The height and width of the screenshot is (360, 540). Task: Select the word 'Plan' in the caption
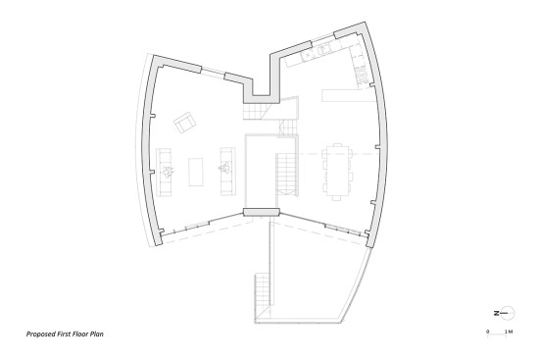[97, 334]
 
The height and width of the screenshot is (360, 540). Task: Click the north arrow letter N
[497, 314]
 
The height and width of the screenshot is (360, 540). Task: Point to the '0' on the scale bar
[488, 332]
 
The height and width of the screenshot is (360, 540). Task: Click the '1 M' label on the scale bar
[509, 332]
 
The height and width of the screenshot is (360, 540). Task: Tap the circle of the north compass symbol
[509, 314]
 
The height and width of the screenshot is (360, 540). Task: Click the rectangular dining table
[337, 171]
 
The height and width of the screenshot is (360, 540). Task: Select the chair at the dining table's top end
[337, 144]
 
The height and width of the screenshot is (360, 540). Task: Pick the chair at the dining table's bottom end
[336, 198]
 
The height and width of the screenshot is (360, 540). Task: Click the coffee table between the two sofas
[196, 172]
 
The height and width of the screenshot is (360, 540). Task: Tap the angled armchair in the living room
[185, 122]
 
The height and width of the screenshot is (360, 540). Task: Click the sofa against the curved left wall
[164, 172]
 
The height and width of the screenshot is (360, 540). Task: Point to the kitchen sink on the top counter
[324, 51]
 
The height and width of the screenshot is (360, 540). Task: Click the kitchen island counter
[349, 95]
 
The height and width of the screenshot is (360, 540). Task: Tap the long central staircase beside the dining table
[287, 176]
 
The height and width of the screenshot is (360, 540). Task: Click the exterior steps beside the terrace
[263, 297]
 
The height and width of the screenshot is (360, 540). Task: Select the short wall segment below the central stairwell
[261, 212]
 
